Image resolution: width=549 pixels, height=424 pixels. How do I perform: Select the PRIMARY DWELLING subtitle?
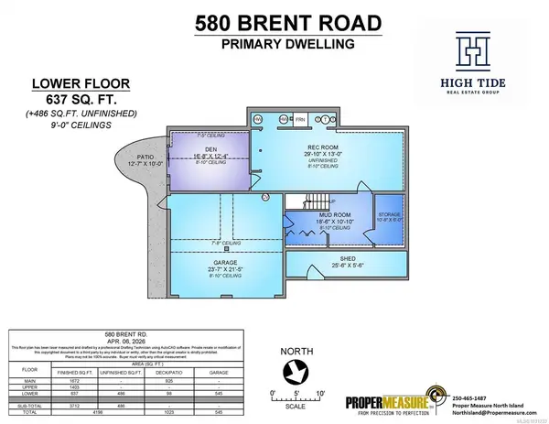(274, 51)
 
